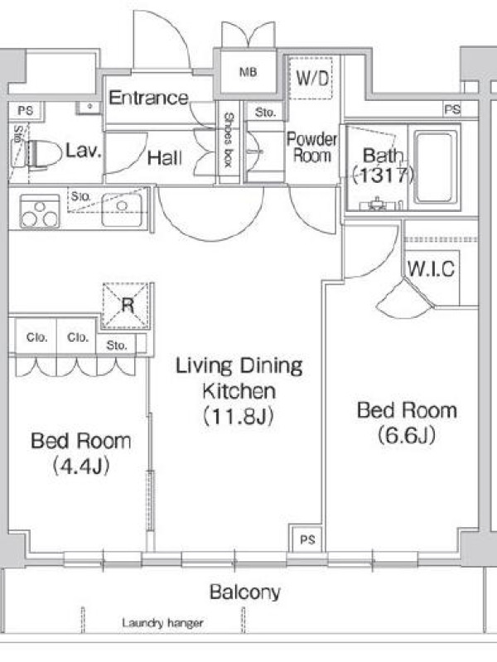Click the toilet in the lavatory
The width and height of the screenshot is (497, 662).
[42, 155]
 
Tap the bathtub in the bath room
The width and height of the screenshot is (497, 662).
[436, 167]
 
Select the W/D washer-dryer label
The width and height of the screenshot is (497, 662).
[312, 78]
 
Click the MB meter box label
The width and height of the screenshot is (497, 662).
[248, 72]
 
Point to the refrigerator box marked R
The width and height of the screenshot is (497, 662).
[127, 305]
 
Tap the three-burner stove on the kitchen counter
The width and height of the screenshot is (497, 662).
[40, 211]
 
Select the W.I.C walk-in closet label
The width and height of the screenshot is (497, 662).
[431, 269]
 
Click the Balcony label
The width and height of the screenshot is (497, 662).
[245, 592]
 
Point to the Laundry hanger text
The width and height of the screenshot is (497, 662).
[162, 623]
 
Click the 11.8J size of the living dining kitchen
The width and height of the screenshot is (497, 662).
[239, 416]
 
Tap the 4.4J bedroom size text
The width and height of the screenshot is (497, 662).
[81, 466]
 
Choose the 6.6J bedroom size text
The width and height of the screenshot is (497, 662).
[407, 435]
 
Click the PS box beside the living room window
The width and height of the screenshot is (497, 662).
[307, 540]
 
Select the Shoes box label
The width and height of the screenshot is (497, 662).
[229, 140]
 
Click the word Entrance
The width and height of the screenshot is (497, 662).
[149, 98]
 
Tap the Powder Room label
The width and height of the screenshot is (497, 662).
[312, 147]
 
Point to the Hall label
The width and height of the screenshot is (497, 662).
[165, 158]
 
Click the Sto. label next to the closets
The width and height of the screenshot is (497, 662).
[117, 345]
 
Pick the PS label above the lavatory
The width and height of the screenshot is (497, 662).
[26, 111]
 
